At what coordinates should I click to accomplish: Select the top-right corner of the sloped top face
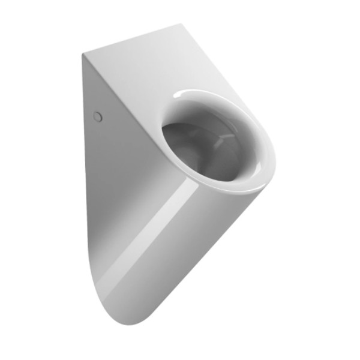(182, 25)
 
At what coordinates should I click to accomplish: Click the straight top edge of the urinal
(132, 40)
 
